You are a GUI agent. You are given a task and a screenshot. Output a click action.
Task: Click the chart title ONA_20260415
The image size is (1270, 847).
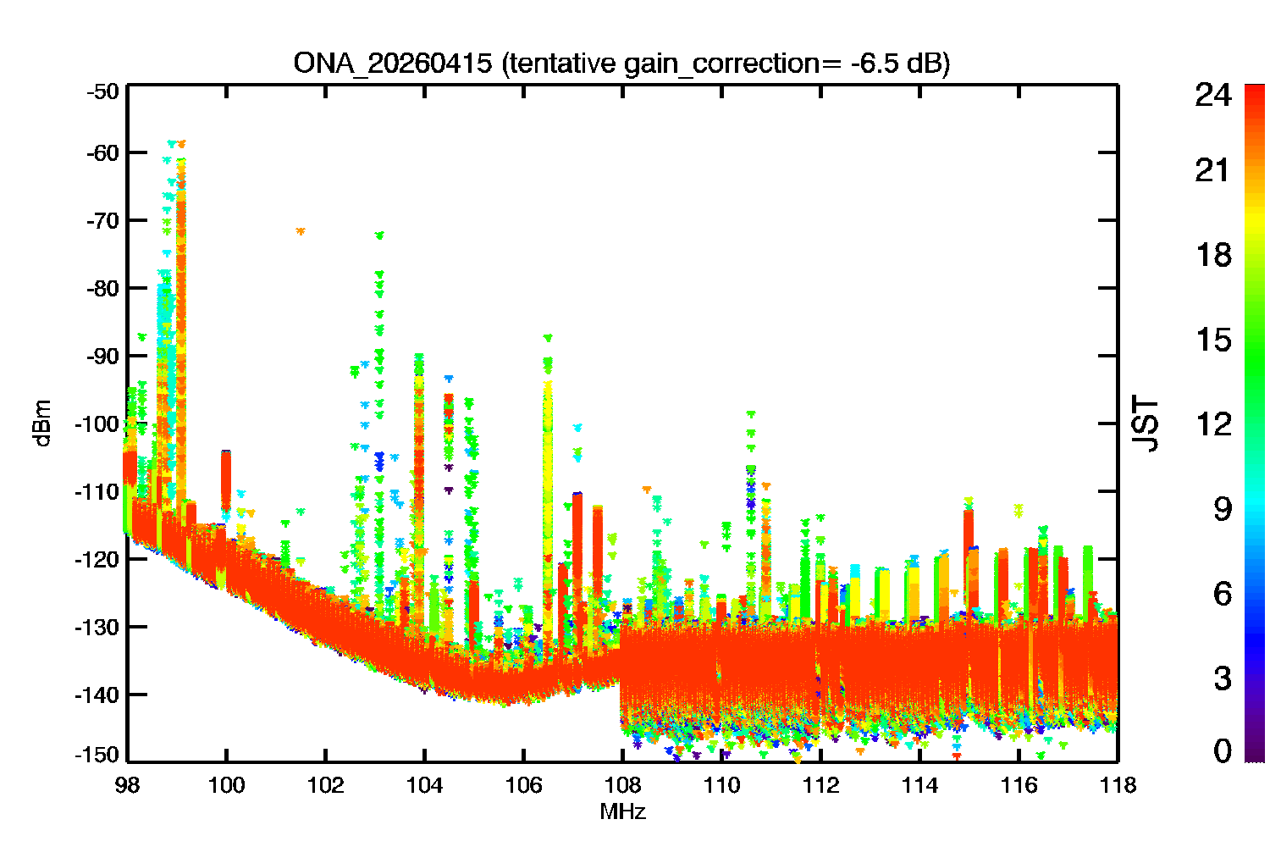392,64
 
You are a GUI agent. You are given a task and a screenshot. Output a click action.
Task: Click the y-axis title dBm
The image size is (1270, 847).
42,423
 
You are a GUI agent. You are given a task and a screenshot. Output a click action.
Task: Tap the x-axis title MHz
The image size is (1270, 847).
622,812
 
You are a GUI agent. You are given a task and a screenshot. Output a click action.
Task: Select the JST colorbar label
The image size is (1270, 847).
1146,423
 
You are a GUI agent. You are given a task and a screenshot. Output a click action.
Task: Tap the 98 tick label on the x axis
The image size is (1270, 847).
127,786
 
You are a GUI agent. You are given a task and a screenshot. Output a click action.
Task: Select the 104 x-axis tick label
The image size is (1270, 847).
424,786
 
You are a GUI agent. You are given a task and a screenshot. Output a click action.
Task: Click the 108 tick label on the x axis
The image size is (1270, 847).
622,786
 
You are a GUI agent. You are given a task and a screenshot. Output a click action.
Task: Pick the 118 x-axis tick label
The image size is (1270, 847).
1118,786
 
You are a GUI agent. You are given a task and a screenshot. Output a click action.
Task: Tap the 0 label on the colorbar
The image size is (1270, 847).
1222,750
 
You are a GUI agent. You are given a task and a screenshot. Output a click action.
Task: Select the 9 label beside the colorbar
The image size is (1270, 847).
1222,509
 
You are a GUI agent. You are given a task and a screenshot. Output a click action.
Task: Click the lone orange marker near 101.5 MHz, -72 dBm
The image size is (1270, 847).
300,230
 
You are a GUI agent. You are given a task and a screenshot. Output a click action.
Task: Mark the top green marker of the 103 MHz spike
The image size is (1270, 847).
379,235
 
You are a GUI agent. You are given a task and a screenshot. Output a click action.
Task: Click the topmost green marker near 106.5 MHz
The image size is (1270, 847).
548,338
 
